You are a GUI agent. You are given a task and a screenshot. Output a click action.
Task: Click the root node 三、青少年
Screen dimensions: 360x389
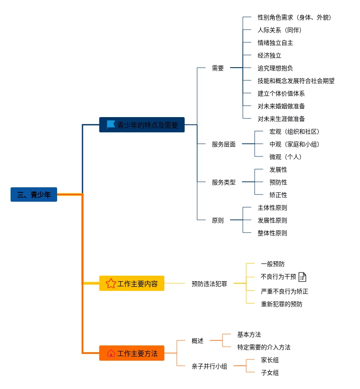(x=34, y=194)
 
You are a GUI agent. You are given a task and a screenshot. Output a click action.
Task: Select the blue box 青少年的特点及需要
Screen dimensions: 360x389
(x=142, y=125)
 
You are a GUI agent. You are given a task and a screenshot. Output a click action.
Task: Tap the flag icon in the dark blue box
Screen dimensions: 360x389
(x=111, y=125)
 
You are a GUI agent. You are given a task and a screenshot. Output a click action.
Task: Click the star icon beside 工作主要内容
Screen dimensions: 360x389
(x=111, y=283)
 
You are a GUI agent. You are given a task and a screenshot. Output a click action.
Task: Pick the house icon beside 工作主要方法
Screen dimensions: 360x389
(x=111, y=353)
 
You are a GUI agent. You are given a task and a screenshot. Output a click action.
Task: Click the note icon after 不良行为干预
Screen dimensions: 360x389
(x=302, y=277)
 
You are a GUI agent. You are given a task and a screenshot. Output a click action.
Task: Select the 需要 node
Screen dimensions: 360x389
(x=218, y=68)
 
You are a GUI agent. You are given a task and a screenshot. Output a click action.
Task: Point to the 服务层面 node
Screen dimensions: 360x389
(x=224, y=144)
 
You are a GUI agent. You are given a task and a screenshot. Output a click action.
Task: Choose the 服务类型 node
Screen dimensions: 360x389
(x=224, y=182)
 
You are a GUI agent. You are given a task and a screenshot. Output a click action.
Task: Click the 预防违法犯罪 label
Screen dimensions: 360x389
(x=209, y=284)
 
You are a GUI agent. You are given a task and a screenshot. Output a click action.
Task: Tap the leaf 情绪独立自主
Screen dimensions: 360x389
(x=275, y=43)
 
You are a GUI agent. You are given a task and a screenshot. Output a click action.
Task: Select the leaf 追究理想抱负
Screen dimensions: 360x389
(x=275, y=68)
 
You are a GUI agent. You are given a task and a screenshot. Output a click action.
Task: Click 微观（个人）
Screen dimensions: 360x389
(x=286, y=157)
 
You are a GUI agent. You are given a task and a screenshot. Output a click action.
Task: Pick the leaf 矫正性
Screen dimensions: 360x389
(x=278, y=195)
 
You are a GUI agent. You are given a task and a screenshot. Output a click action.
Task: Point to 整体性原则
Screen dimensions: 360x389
(x=272, y=233)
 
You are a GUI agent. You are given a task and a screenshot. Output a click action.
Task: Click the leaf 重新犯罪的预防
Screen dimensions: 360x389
(x=282, y=304)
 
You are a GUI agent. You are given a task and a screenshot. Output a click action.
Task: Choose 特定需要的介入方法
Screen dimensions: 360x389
(x=264, y=347)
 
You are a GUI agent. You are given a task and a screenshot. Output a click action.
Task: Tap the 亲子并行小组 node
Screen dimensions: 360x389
(x=209, y=366)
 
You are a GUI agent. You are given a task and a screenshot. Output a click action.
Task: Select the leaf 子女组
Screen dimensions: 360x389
(x=269, y=373)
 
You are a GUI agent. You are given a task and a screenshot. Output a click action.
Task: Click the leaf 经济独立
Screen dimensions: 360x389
(x=269, y=55)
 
